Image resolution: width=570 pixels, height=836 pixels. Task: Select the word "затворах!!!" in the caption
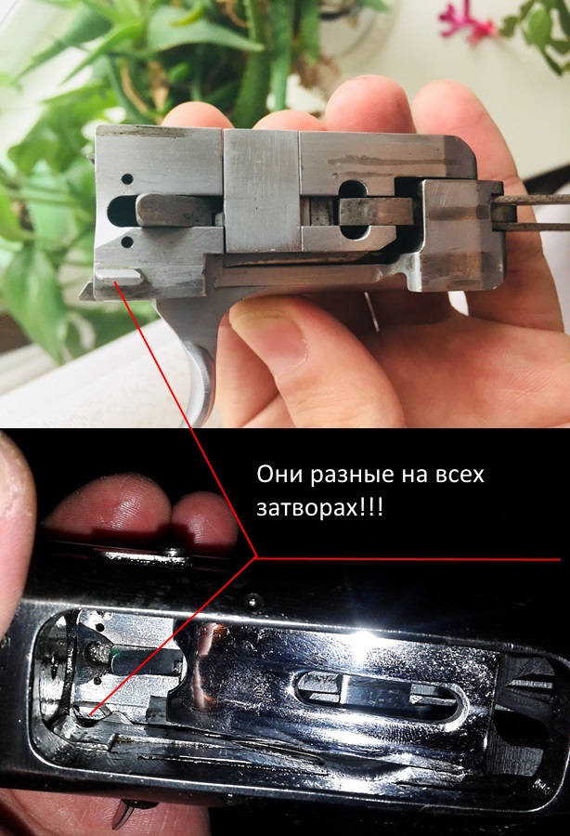pos(319,508)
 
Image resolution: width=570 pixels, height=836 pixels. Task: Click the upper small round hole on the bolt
pos(127,179)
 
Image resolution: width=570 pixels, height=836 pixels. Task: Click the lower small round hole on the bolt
pos(127,242)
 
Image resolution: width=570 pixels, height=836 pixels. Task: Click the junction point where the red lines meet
pos(256,557)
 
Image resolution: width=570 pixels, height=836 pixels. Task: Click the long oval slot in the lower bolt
pos(382,694)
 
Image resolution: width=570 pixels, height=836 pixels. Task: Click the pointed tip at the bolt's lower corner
pos(81,297)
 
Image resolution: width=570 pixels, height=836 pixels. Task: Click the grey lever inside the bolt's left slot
pos(178,210)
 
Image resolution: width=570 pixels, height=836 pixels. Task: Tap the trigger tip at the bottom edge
pos(127,813)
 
